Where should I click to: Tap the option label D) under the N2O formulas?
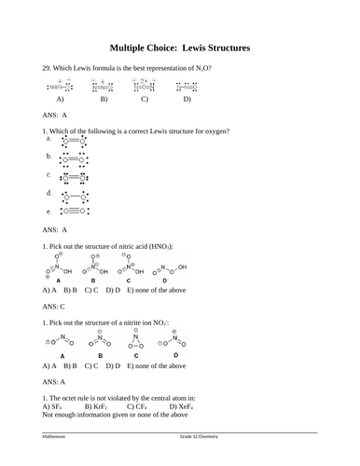187,99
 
